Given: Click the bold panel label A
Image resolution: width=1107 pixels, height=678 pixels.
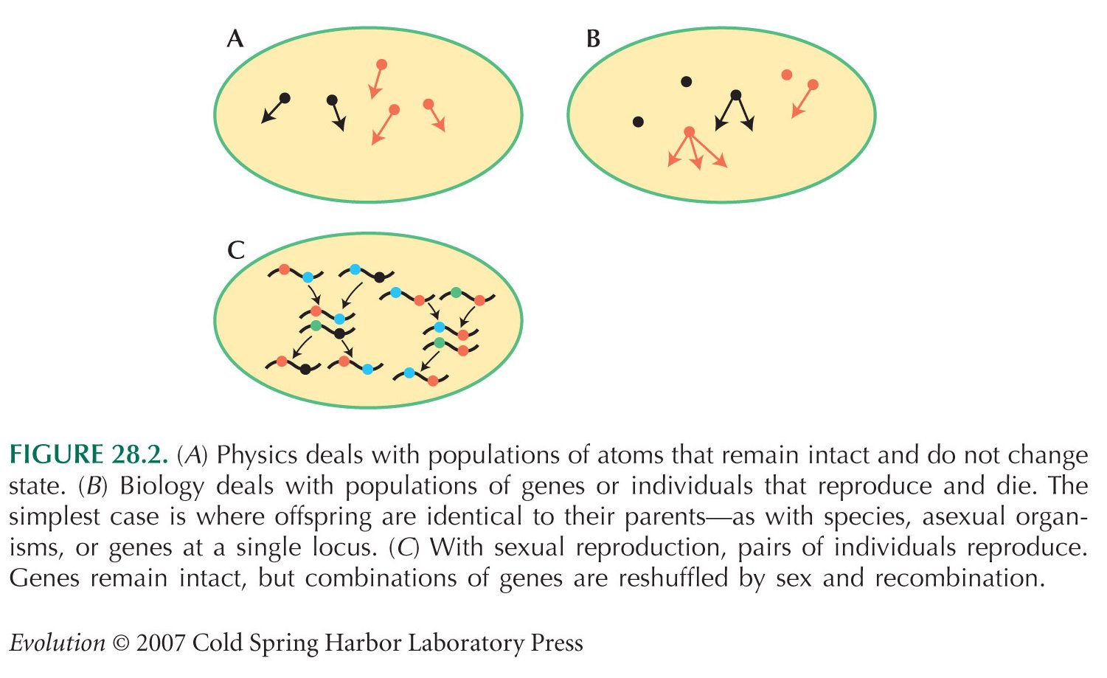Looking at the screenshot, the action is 235,38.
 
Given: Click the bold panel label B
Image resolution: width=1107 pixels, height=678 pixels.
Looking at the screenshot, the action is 593,38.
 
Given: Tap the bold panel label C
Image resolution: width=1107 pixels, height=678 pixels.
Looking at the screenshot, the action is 236,250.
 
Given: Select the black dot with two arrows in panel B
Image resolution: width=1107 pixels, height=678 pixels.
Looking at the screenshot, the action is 736,95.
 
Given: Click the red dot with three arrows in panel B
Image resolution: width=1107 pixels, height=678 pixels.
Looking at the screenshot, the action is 689,131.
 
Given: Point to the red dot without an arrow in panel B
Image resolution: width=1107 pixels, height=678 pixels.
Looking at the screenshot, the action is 787,75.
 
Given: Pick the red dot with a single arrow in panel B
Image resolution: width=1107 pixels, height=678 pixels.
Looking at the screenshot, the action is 813,85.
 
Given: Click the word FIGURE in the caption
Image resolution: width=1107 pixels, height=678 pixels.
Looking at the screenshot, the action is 55,454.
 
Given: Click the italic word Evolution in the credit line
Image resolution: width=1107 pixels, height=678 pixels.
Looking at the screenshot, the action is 58,643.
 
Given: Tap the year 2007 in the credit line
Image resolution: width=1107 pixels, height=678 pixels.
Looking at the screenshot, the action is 160,643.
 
